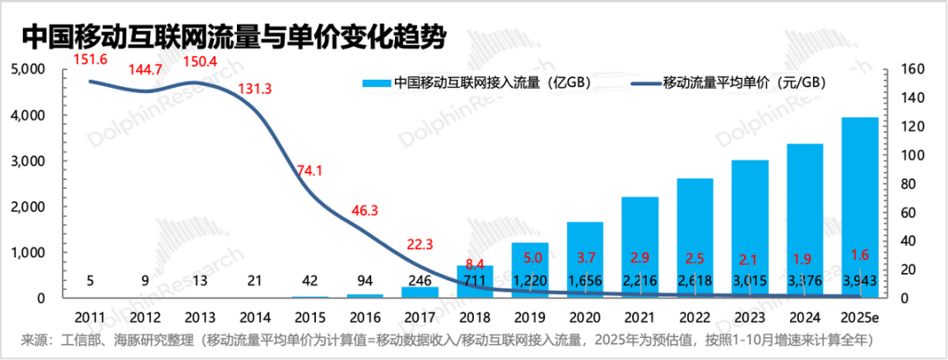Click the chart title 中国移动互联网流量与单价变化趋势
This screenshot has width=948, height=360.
pos(232,37)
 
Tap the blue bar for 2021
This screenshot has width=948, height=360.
pos(640,247)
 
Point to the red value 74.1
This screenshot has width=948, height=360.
pos(311,170)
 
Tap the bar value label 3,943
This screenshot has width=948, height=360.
pos(859,280)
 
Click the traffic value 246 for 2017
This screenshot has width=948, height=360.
pos(420,280)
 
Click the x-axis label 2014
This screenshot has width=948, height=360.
pos(255,314)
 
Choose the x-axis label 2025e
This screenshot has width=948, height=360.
pos(859,314)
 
